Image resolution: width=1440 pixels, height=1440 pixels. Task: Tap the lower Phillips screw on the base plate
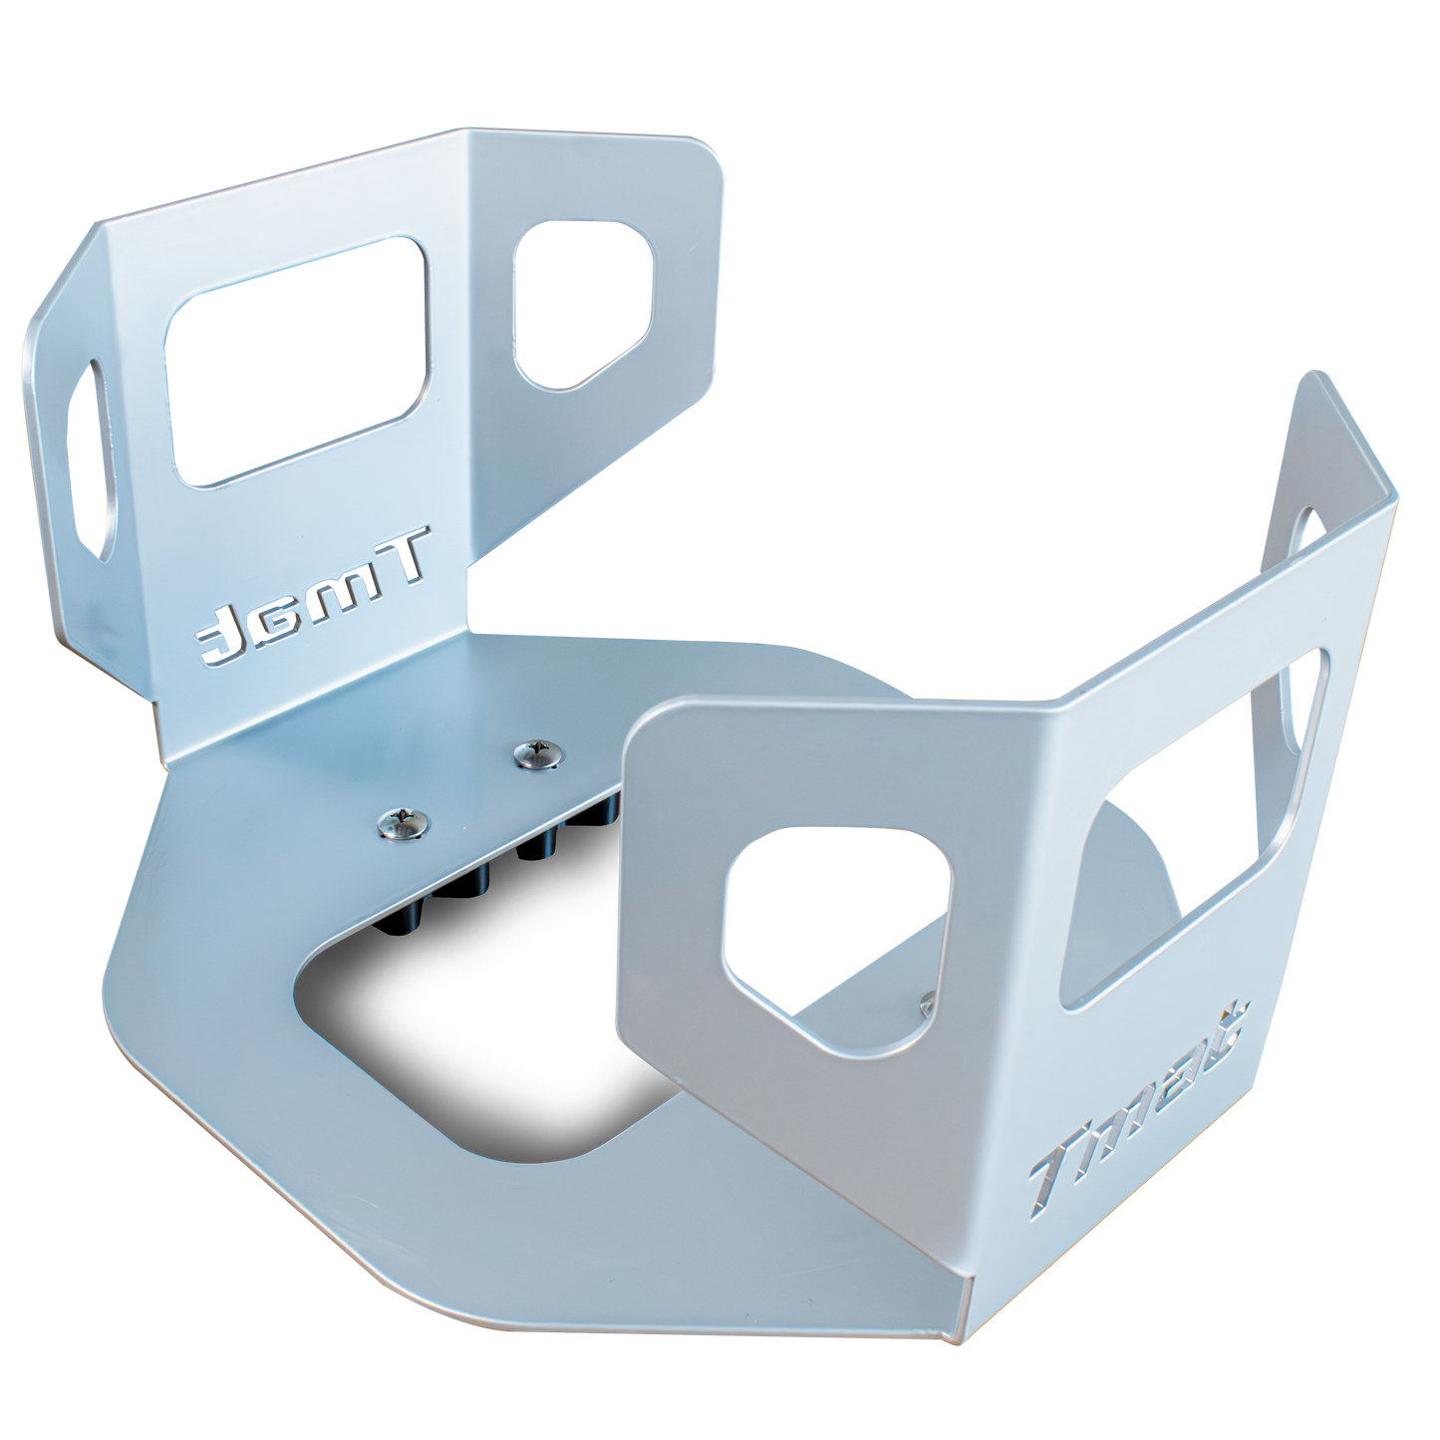click(398, 823)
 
